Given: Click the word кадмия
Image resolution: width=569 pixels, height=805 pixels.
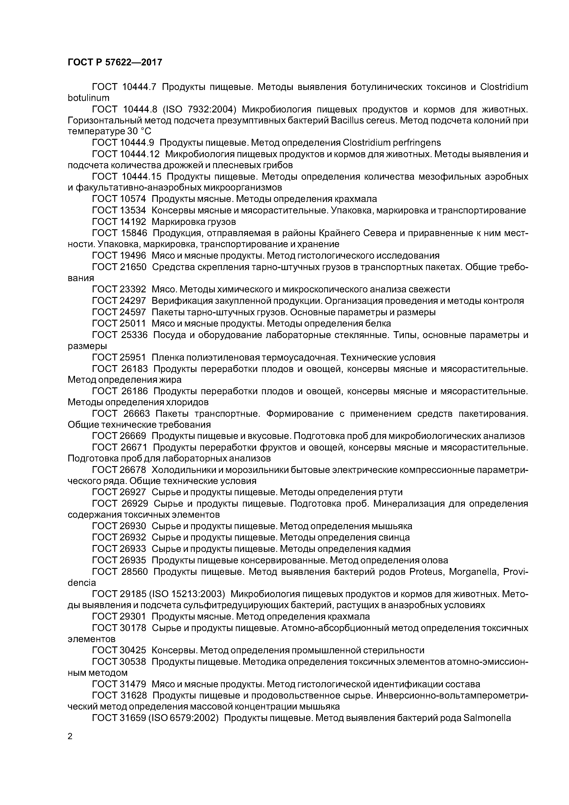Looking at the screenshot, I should (x=394, y=549).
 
